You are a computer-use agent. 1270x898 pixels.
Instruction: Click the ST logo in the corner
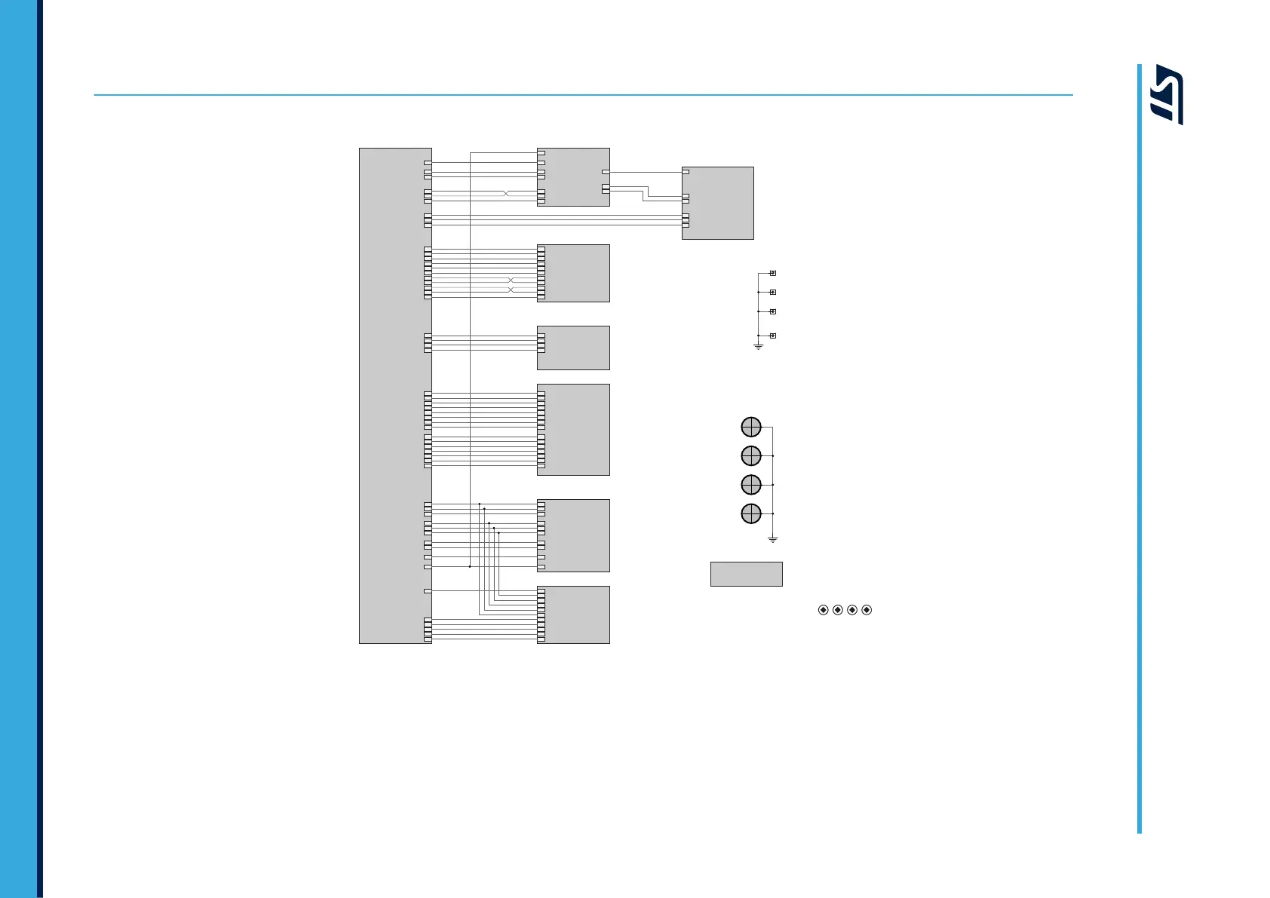point(1167,94)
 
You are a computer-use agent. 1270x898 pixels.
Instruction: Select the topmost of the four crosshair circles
point(751,427)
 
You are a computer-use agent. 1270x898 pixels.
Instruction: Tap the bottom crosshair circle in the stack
point(751,513)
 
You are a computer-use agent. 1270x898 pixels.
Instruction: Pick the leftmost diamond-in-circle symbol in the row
point(823,609)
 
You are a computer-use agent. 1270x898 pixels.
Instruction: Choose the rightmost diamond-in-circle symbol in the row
point(867,609)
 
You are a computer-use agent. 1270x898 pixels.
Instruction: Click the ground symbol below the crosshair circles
point(772,539)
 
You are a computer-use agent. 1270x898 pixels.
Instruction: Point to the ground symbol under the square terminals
point(758,346)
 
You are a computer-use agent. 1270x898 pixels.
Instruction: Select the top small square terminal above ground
point(772,273)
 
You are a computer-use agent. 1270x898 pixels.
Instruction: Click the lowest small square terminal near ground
point(772,336)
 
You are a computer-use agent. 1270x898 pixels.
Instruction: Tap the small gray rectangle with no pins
point(746,574)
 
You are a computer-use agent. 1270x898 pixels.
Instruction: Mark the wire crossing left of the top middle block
point(506,194)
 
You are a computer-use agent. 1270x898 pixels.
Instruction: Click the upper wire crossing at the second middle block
point(511,280)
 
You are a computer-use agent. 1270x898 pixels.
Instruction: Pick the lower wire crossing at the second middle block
point(511,290)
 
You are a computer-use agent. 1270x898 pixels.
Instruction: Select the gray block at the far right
point(717,203)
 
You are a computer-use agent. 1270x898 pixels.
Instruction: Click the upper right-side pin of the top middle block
point(606,172)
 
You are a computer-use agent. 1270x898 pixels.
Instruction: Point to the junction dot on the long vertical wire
point(470,566)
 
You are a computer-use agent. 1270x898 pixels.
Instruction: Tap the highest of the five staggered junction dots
point(480,504)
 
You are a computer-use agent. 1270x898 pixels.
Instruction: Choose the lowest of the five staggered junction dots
point(498,532)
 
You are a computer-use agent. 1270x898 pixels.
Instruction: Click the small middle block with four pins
point(573,348)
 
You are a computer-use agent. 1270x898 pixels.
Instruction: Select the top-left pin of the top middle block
point(541,153)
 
